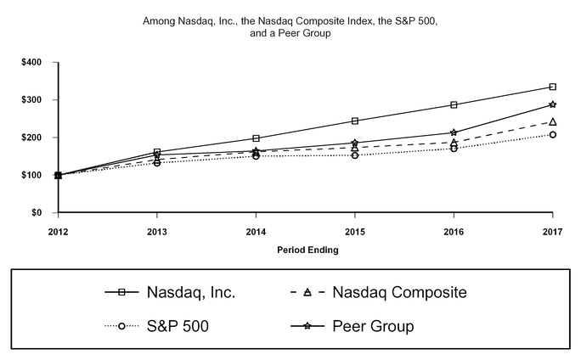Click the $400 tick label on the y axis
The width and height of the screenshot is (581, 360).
(36, 63)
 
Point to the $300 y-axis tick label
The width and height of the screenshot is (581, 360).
(36, 100)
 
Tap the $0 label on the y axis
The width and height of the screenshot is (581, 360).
(40, 213)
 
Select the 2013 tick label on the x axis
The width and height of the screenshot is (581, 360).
(157, 230)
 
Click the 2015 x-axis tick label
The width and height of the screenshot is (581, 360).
(355, 230)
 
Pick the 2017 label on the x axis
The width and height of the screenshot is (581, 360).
(553, 230)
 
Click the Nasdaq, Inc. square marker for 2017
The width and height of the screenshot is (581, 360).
(553, 87)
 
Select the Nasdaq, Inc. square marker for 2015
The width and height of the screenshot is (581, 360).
(355, 121)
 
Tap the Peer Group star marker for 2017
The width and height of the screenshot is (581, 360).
(553, 104)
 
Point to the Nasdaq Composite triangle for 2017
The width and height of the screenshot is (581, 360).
(553, 121)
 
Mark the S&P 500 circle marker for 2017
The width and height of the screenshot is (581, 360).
(553, 134)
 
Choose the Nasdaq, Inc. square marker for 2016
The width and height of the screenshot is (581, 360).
(454, 104)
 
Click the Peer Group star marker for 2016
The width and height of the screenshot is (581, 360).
(454, 132)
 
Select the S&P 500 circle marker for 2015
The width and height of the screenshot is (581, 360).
(355, 155)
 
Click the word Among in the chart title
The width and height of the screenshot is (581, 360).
(159, 18)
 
